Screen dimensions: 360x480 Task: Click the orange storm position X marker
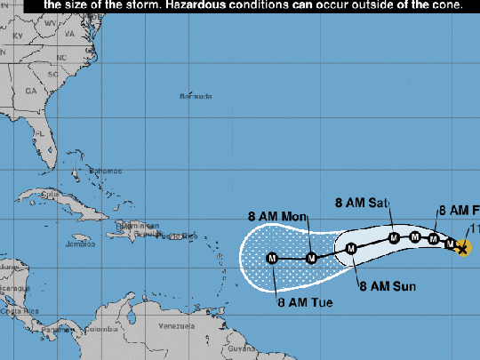(462, 248)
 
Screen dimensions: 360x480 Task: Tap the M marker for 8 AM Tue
(272, 259)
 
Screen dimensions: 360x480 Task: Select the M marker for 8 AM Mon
(312, 258)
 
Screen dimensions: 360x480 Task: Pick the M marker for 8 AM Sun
(351, 248)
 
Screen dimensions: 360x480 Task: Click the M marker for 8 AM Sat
(395, 237)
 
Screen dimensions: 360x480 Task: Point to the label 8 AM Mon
(276, 216)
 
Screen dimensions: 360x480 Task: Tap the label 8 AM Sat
(362, 203)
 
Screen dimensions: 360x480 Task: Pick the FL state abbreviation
(38, 133)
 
